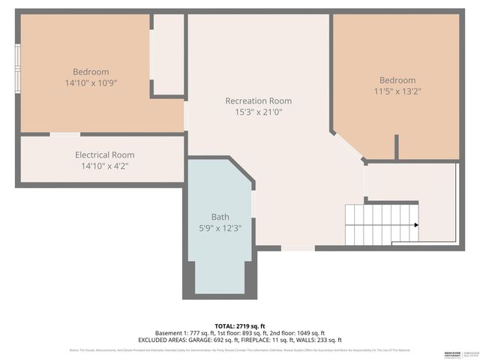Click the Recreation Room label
pos(258,100)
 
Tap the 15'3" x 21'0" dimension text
pos(258,112)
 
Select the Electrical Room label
pos(104,154)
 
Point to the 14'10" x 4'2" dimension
pos(104,166)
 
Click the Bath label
pos(220,217)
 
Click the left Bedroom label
pos(91,72)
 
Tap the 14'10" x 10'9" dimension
pos(91,83)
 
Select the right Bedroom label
pos(397,80)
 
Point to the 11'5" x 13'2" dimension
pos(397,91)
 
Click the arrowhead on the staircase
pos(415,224)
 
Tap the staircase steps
pos(379,224)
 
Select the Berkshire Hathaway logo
pos(450,352)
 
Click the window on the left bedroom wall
pos(18,68)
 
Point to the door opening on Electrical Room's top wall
pos(65,134)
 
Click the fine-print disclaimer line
pos(239,350)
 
